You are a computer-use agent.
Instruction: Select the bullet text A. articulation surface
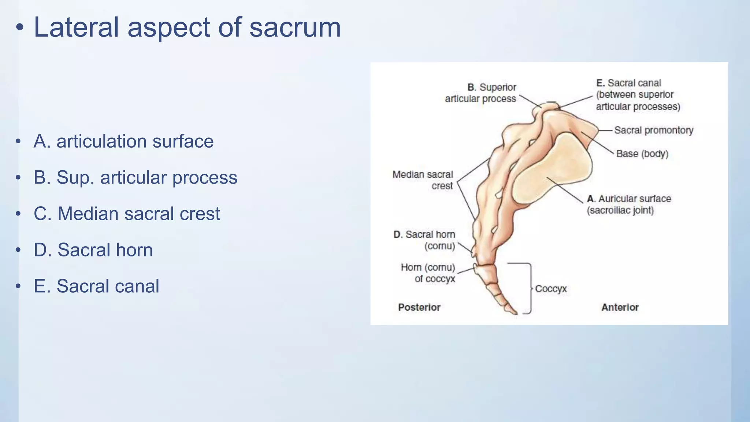point(123,141)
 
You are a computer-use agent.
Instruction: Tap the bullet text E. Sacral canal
point(96,286)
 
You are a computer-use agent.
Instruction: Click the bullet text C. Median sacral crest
point(127,214)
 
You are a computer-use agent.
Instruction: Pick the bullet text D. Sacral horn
point(93,250)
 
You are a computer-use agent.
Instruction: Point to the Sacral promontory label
point(654,130)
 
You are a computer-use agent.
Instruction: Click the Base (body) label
point(642,154)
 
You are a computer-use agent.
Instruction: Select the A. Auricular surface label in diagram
point(629,204)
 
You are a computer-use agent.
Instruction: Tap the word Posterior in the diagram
point(419,307)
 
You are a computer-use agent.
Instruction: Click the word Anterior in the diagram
point(620,307)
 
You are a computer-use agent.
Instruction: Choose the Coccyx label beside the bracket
point(550,289)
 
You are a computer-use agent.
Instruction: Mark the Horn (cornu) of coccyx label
point(428,273)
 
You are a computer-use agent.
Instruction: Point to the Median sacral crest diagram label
point(423,180)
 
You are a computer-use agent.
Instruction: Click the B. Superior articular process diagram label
point(480,93)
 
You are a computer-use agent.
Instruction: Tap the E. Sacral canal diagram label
point(637,95)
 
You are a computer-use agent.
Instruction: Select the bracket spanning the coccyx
point(530,288)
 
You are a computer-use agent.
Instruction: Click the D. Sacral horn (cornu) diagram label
point(424,240)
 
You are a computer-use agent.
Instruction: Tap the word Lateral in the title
point(76,28)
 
